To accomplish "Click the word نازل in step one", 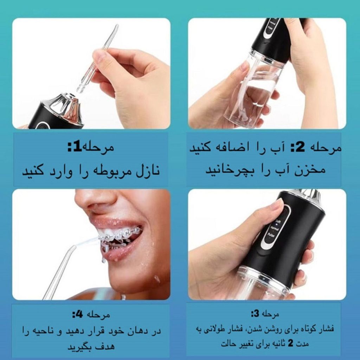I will click(x=148, y=171).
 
